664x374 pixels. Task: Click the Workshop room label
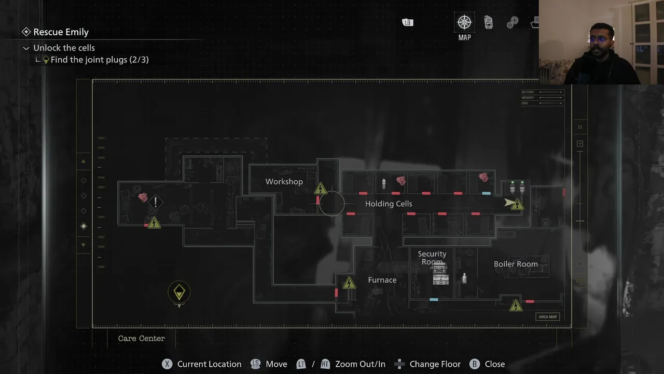pyautogui.click(x=284, y=182)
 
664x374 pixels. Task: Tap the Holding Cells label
pyautogui.click(x=388, y=204)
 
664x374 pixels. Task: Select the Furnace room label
pyautogui.click(x=382, y=280)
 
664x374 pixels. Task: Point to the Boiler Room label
pyautogui.click(x=515, y=264)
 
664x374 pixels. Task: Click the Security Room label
pyautogui.click(x=432, y=257)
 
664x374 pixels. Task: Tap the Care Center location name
pyautogui.click(x=141, y=338)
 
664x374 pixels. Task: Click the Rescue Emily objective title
pyautogui.click(x=61, y=32)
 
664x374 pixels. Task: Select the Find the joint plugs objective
pyautogui.click(x=99, y=60)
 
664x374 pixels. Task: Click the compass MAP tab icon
pyautogui.click(x=464, y=22)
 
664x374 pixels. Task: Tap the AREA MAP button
pyautogui.click(x=547, y=317)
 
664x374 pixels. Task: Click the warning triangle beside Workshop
pyautogui.click(x=321, y=188)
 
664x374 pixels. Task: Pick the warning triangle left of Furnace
pyautogui.click(x=349, y=283)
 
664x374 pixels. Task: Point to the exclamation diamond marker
pyautogui.click(x=155, y=202)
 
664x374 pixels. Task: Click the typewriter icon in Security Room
pyautogui.click(x=440, y=274)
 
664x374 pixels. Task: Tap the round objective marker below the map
pyautogui.click(x=179, y=292)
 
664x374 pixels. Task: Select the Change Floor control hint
pyautogui.click(x=428, y=364)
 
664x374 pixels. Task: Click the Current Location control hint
pyautogui.click(x=202, y=364)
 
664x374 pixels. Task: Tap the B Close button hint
pyautogui.click(x=487, y=364)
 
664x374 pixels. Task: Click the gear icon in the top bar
pyautogui.click(x=513, y=22)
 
